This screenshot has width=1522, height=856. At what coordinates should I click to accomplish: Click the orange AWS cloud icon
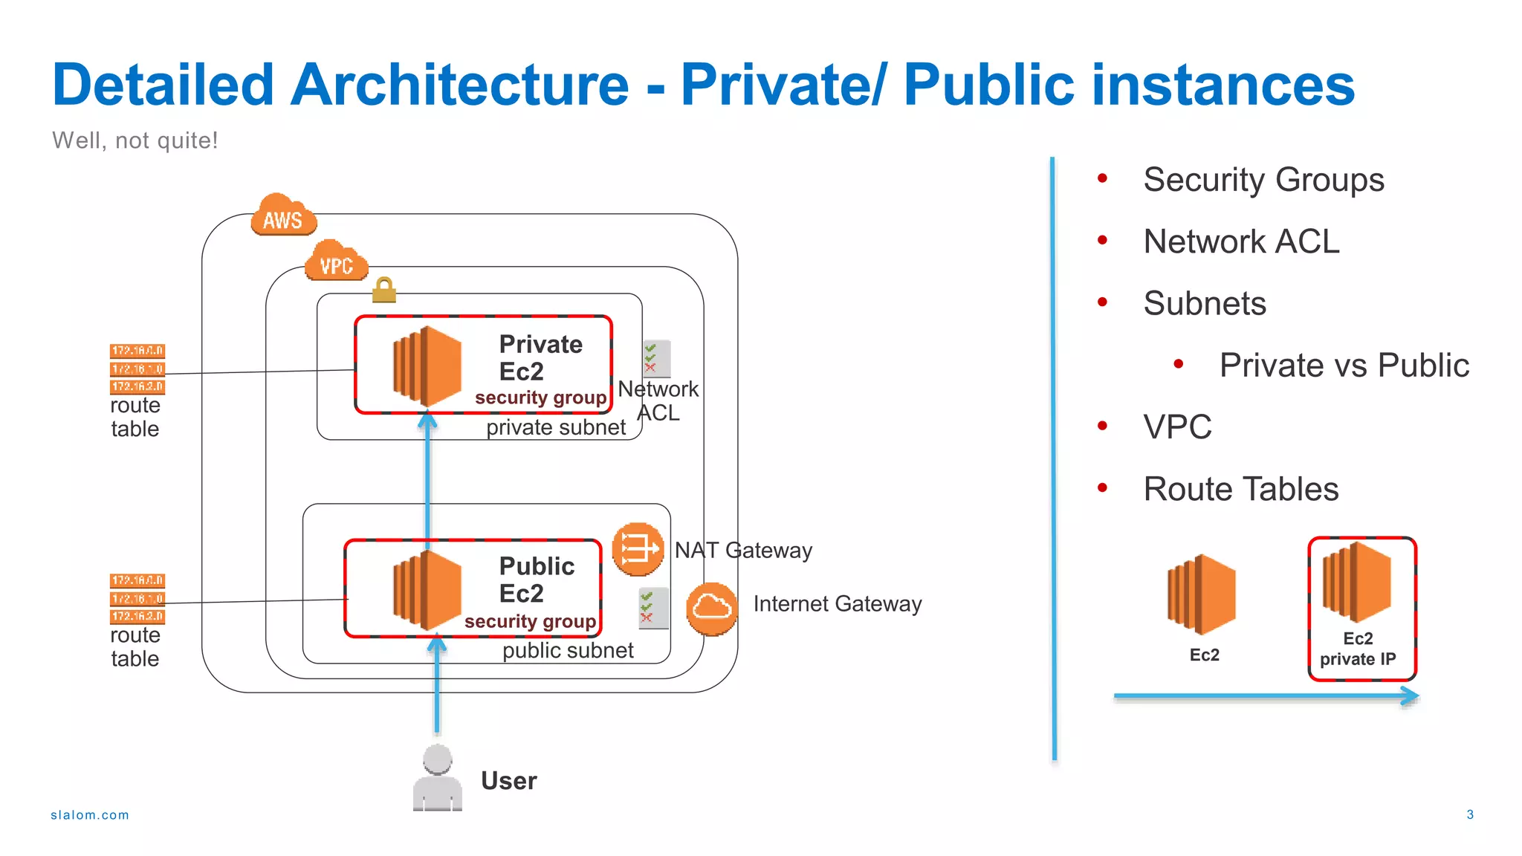(x=283, y=215)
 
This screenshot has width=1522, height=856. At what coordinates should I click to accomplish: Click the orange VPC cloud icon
(x=336, y=262)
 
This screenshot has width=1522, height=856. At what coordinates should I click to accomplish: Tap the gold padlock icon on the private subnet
(x=383, y=290)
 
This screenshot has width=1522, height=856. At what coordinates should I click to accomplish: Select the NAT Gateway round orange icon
(x=638, y=549)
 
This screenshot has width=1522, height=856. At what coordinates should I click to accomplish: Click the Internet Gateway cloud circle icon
(x=711, y=609)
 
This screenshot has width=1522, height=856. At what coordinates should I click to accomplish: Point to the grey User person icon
(x=438, y=777)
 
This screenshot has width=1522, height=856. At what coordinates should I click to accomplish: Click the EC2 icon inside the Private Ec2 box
(x=427, y=366)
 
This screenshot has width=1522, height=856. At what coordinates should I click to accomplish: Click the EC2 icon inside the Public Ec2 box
(x=427, y=591)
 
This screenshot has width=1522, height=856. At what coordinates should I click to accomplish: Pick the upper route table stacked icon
(x=137, y=369)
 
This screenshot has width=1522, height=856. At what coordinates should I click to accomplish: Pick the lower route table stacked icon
(x=137, y=598)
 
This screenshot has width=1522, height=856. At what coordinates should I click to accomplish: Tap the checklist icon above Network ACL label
(x=656, y=359)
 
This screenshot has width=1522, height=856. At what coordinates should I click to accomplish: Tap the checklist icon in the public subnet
(x=653, y=608)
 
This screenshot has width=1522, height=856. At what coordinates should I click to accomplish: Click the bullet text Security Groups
(x=1263, y=180)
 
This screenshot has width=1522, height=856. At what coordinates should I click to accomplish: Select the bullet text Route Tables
(x=1240, y=489)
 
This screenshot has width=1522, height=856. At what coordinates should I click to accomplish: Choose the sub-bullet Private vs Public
(x=1344, y=366)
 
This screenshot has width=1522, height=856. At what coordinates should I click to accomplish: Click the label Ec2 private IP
(x=1358, y=649)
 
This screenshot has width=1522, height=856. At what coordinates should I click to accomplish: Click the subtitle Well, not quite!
(x=135, y=140)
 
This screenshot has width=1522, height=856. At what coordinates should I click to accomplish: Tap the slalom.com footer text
(x=90, y=815)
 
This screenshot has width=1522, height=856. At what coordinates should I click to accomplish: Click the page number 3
(x=1469, y=814)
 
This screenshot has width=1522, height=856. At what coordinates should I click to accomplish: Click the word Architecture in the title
(x=459, y=85)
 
